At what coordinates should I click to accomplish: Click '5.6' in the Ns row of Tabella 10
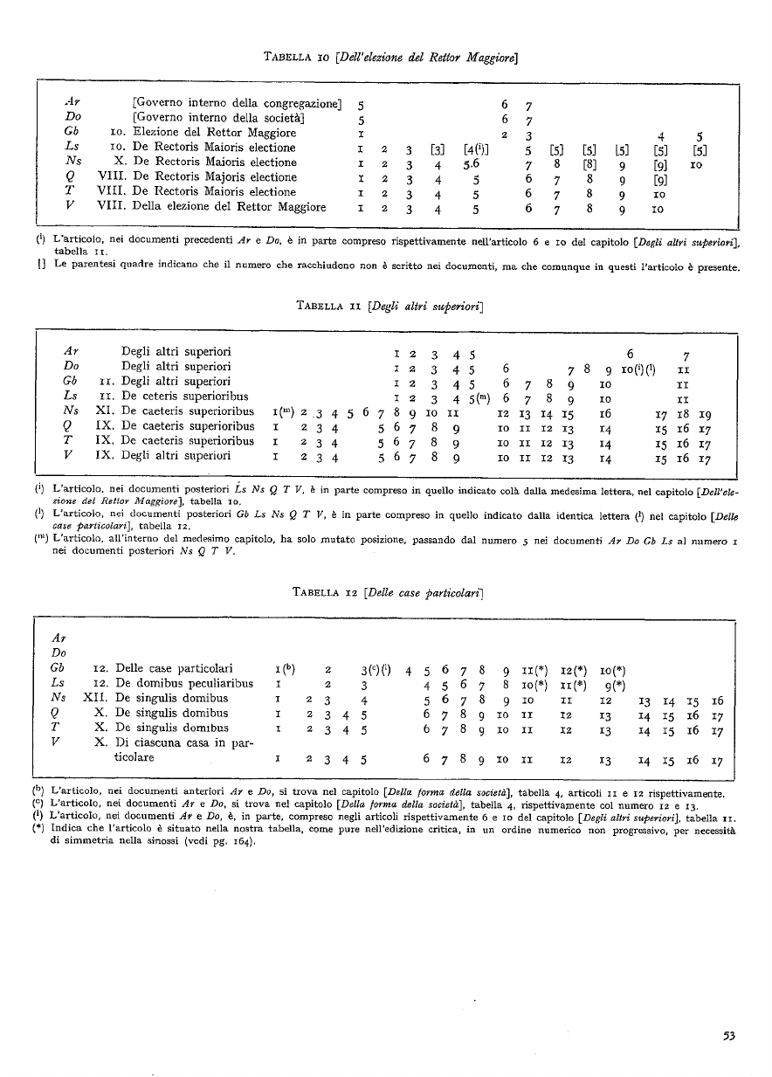click(472, 162)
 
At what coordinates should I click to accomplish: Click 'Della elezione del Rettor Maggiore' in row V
click(230, 207)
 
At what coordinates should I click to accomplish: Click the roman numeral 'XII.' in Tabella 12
click(94, 699)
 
